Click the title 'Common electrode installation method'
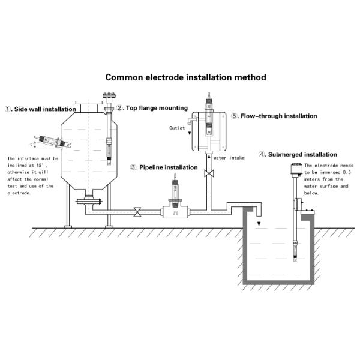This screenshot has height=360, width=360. (185, 77)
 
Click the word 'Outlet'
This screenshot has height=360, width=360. (178, 128)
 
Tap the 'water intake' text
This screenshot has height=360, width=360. (228, 158)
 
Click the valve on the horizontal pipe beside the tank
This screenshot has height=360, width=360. (138, 211)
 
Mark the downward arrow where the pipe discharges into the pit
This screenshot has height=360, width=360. (259, 224)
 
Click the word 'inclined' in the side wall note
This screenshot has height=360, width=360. (20, 166)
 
